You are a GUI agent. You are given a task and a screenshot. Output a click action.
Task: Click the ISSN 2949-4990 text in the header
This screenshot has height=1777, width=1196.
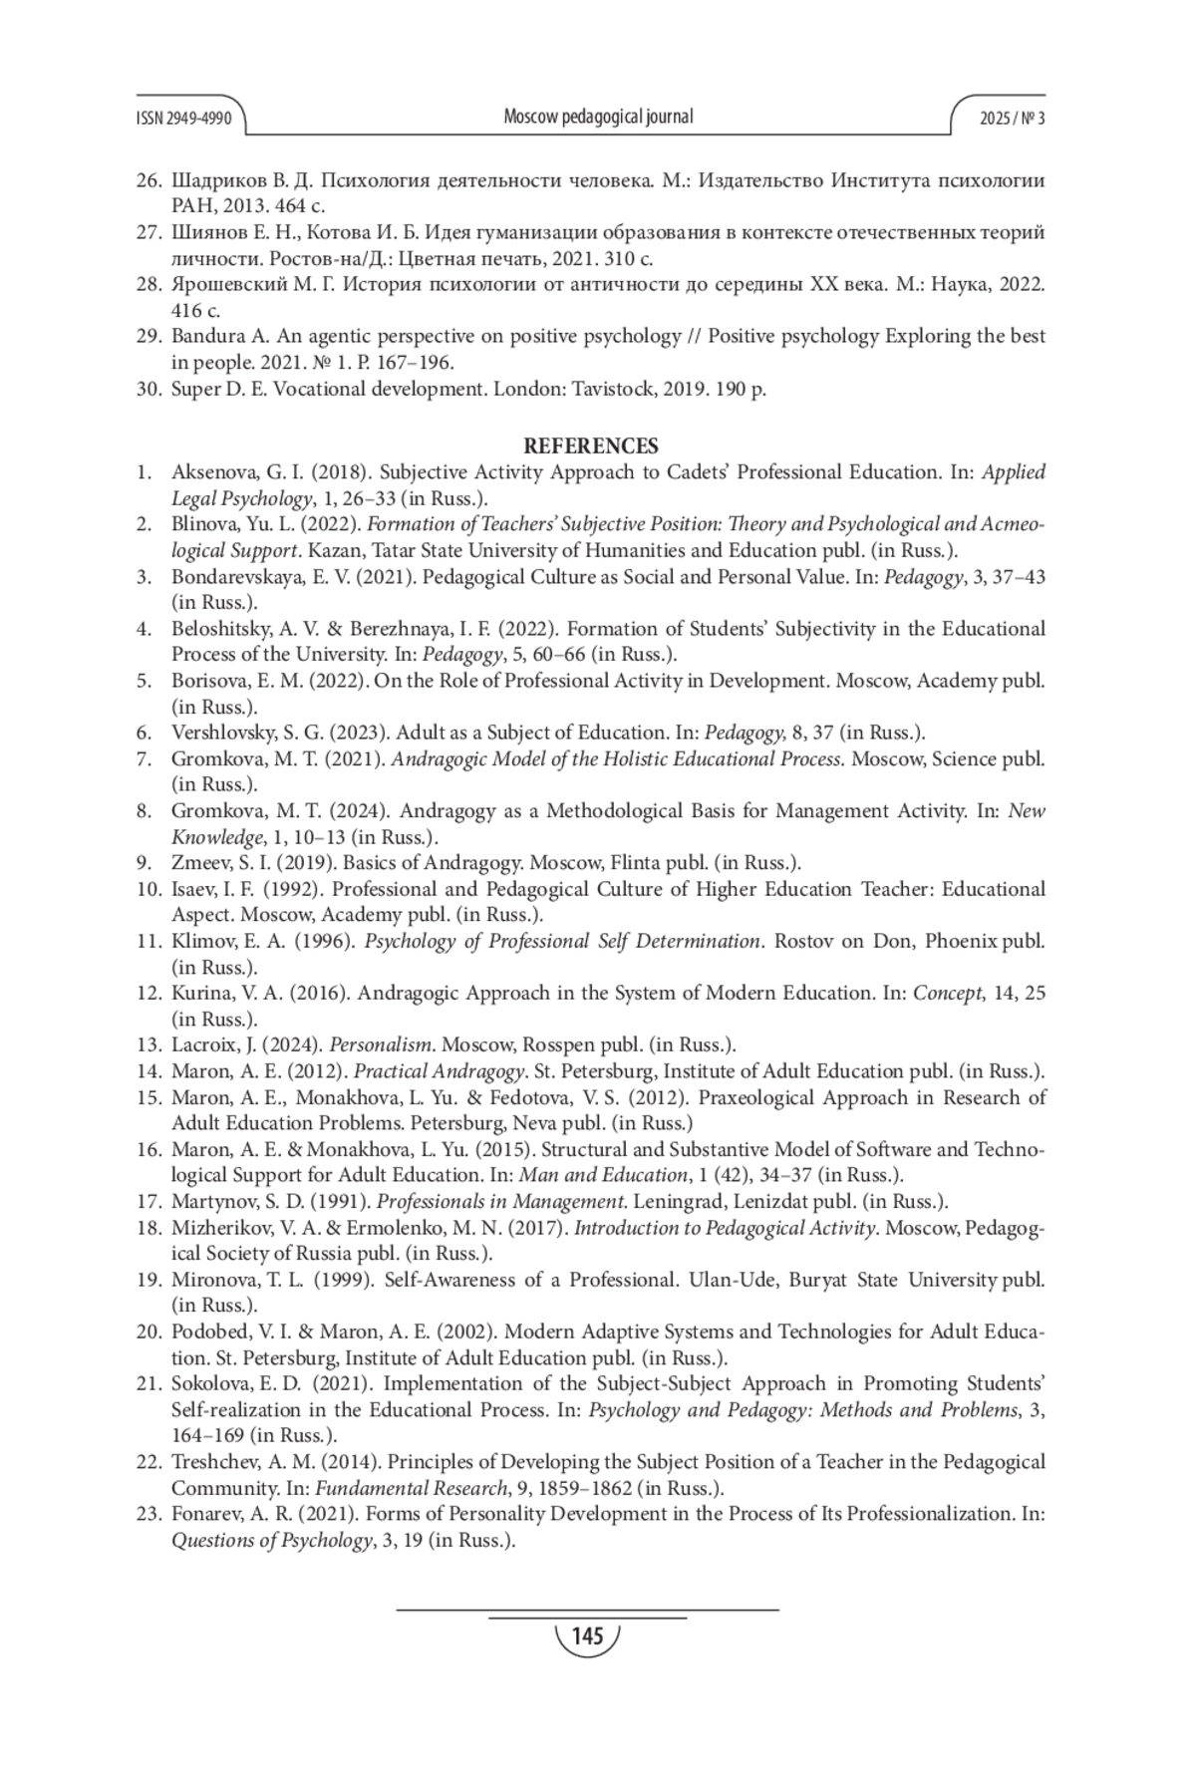(183, 119)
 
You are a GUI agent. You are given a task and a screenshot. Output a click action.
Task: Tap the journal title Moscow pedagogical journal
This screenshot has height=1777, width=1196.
(598, 117)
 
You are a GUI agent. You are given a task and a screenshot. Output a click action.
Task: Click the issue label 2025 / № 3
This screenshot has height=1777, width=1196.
(1012, 119)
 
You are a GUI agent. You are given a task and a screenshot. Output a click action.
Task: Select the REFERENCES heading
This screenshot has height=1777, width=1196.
(591, 445)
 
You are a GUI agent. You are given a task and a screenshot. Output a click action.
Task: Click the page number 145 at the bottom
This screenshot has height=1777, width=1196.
(588, 1635)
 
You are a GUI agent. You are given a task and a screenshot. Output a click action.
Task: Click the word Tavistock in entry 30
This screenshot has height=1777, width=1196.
(610, 388)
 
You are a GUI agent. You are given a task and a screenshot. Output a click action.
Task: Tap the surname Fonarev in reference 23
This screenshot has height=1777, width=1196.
(207, 1514)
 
